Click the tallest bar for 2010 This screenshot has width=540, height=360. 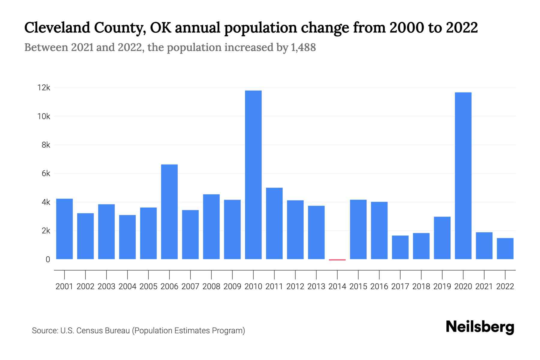[x=253, y=175]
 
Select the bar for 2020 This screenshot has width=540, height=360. [x=463, y=175]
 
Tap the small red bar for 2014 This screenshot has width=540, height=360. [x=337, y=260]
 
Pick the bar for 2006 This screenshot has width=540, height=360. [x=169, y=211]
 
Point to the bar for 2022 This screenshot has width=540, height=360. [x=505, y=248]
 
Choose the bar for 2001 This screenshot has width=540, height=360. [x=64, y=229]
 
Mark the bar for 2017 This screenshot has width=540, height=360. [x=400, y=247]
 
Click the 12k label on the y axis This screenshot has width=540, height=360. [x=43, y=88]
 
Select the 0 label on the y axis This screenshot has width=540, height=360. [x=48, y=259]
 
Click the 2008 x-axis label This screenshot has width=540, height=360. [x=211, y=286]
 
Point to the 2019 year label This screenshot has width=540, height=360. [x=442, y=286]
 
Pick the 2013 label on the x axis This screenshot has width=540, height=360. [x=316, y=286]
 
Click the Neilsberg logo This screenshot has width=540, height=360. [x=480, y=327]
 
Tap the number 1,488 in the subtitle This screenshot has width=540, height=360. [x=303, y=47]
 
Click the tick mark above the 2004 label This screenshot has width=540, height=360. [x=127, y=274]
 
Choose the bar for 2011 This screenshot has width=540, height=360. [x=274, y=223]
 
